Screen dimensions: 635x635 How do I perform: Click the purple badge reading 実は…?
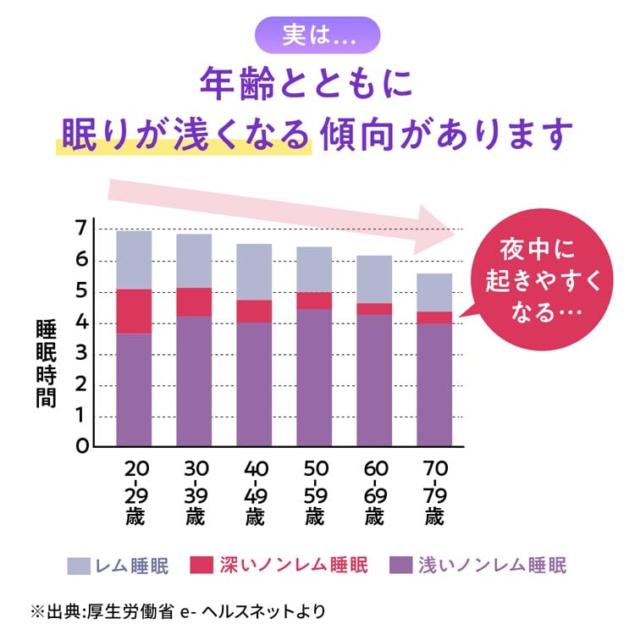317,36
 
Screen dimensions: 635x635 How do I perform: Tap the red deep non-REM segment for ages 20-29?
134,311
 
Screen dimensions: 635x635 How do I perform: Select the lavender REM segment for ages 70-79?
434,292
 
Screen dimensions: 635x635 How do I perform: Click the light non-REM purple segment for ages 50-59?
314,378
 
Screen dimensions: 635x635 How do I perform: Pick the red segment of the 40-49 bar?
254,311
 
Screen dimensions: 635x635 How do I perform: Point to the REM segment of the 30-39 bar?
194,261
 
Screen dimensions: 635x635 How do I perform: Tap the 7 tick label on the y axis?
80,229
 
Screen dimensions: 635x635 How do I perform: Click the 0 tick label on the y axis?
81,446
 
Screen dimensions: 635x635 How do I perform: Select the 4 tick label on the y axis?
80,323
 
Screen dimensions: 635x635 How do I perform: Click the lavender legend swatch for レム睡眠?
79,566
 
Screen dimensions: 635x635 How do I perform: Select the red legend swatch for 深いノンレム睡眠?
201,566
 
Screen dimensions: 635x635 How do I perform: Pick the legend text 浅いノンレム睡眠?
492,566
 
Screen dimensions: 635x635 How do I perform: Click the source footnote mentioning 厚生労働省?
178,610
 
